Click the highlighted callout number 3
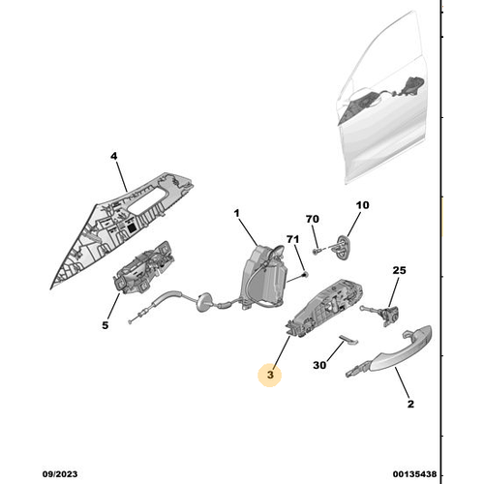pos(270,375)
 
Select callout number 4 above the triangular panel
pos(114,156)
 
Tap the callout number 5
pos(106,325)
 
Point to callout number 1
pos(237,213)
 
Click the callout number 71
pos(292,239)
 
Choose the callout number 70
pos(313,219)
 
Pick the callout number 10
pos(362,205)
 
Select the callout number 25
pos(399,270)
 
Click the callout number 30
pos(319,365)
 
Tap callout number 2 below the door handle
pos(410,404)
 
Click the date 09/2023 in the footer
pos(60,474)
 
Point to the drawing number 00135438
pos(414,474)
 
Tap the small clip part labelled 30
pos(348,340)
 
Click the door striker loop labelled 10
pos(343,247)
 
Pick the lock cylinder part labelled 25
pos(384,314)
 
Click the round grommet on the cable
pos(203,302)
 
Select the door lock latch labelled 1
pos(264,278)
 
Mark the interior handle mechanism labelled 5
pos(143,268)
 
